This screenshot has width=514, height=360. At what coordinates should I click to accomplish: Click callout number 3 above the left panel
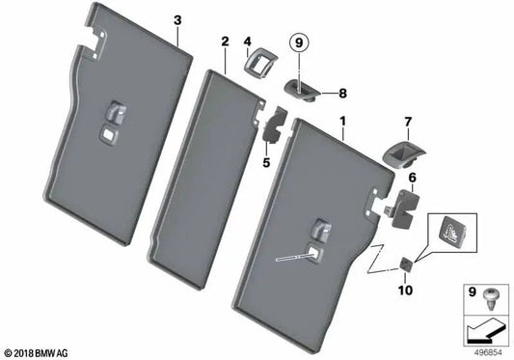click(177, 20)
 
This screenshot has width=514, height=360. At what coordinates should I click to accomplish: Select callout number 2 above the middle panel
click(225, 42)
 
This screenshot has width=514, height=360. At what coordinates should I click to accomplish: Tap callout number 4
click(247, 42)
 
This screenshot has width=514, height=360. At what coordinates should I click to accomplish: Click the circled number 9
click(299, 43)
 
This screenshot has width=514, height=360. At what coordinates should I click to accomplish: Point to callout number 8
click(342, 94)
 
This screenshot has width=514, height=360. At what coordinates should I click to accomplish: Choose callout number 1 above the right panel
click(342, 122)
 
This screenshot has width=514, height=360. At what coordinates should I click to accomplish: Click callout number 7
click(408, 122)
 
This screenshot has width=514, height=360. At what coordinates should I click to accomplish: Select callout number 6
click(412, 178)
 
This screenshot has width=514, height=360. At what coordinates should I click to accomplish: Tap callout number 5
click(266, 162)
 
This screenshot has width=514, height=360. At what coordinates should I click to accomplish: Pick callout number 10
click(405, 291)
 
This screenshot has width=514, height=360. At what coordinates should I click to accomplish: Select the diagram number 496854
click(488, 353)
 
